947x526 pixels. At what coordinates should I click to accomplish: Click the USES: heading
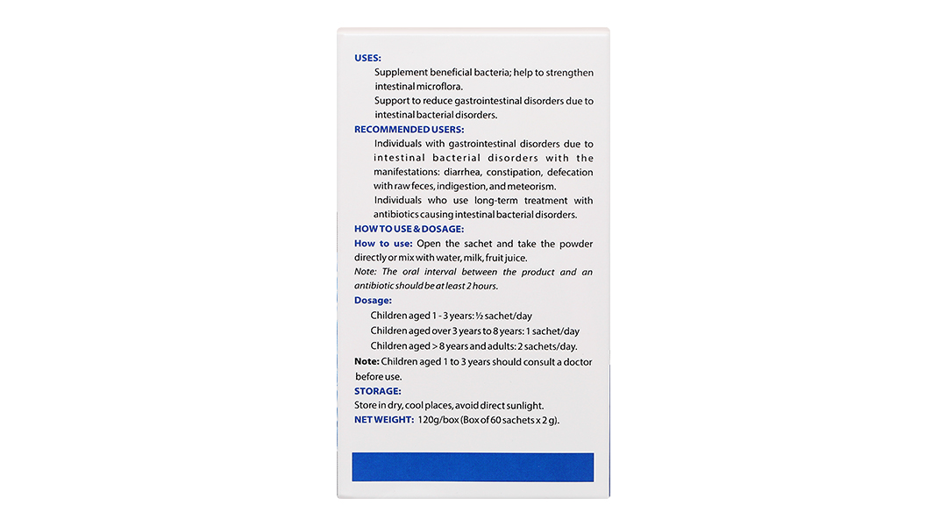pos(367,58)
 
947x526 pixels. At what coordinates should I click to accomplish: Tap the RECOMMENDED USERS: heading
pos(409,129)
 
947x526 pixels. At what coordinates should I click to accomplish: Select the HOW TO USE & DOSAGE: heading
pos(409,229)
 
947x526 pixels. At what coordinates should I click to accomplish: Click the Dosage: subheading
pos(373,300)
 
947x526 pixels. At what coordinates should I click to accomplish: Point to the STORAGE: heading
pos(377,391)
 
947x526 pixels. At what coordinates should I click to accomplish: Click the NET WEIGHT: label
pos(383,419)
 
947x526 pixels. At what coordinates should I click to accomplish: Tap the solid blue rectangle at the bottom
pos(473,466)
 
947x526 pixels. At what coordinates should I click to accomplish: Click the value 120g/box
pos(438,419)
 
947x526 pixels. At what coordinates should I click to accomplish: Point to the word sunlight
pos(523,405)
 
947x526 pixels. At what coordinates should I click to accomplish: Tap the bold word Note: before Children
pos(367,361)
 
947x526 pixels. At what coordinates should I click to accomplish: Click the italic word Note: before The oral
pos(365,272)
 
